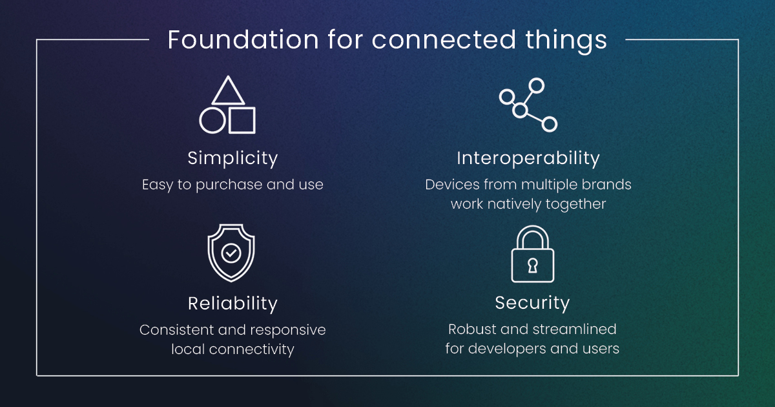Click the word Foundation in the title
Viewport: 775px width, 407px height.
[243, 39]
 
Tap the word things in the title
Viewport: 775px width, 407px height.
[566, 41]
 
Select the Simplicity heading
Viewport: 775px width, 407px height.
[232, 158]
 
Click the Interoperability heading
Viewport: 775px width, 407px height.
[528, 158]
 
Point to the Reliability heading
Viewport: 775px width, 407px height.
[232, 304]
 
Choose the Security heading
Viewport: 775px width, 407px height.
[532, 303]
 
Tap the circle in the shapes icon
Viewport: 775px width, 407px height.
[212, 120]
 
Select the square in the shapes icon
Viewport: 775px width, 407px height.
[242, 120]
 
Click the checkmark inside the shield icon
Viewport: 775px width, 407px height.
[231, 253]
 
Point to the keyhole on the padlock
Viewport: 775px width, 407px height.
[533, 266]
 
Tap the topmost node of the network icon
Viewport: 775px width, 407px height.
[536, 85]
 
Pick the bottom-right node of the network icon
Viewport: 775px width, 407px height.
[550, 124]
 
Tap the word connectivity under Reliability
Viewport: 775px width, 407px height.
[251, 350]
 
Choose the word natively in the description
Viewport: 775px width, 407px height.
[515, 204]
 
